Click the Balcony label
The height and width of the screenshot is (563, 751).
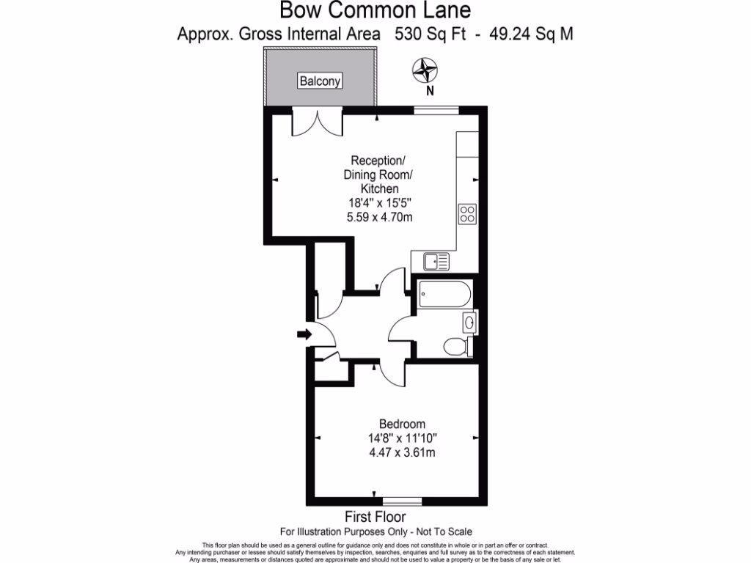pos(320,81)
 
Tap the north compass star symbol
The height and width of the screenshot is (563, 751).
pos(425,70)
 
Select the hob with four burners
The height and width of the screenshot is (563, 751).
pos(467,214)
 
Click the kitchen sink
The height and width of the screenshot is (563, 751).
pos(436,262)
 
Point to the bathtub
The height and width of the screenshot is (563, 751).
pos(444,294)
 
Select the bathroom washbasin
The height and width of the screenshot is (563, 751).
pos(469,323)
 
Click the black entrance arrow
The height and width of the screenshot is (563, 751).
pos(304,334)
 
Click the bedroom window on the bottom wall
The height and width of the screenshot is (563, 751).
pos(403,501)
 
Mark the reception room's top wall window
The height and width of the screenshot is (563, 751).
pos(436,111)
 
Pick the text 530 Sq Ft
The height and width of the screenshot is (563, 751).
pos(430,34)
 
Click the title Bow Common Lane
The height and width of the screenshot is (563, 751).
pos(375,10)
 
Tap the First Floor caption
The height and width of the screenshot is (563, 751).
pos(375,517)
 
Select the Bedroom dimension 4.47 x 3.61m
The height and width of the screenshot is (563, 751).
pos(403,452)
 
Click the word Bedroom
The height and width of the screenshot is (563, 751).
pos(403,424)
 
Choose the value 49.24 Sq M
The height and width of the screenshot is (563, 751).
pos(531,34)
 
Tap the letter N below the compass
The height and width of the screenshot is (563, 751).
pos(430,90)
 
